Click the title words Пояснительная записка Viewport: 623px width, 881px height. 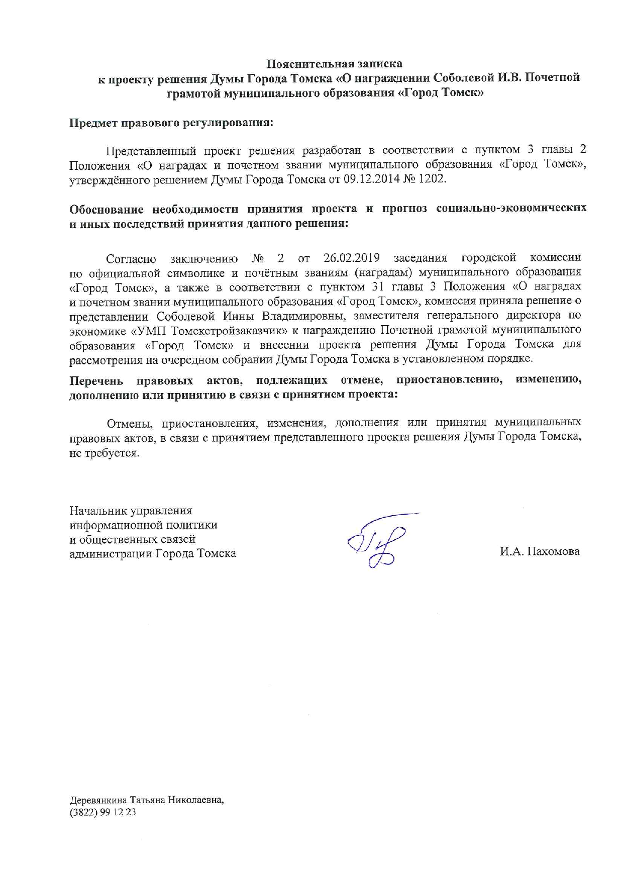coord(334,64)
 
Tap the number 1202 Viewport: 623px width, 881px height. coord(432,179)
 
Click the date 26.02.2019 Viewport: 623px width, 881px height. coord(352,258)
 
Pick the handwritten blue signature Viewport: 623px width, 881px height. coord(379,540)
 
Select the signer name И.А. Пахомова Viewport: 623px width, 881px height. coord(539,552)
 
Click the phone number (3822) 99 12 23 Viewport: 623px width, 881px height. coord(103,813)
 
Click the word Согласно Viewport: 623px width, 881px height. coord(131,259)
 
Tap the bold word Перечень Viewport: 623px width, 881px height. coord(96,380)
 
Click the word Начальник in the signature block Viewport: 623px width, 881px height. coord(98,511)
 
